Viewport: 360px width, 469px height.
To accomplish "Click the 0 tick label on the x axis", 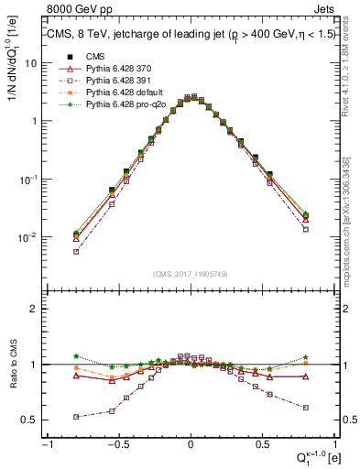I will click(x=190, y=442).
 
